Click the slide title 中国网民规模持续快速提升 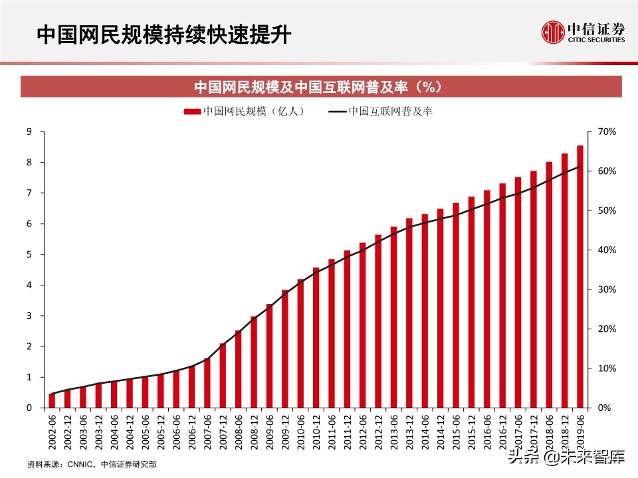coord(163,35)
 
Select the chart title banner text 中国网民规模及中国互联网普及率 coord(318,87)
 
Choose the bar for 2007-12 coord(223,375)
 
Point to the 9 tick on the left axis coord(29,131)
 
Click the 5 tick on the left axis coord(29,254)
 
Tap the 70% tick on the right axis coord(607,131)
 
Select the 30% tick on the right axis coord(607,289)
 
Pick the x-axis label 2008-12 coord(254,432)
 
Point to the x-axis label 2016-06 coord(487,432)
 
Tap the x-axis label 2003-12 coord(99,432)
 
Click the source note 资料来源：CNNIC coord(93,463)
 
